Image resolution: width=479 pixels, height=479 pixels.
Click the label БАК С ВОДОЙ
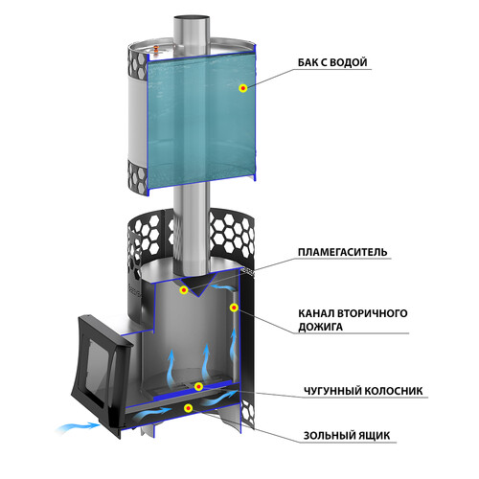[x=332, y=62]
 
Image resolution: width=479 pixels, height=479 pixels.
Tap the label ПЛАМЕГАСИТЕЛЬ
[x=343, y=252]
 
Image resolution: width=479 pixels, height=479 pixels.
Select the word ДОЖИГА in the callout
[x=320, y=327]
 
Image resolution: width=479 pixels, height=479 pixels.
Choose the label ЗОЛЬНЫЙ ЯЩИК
[x=347, y=436]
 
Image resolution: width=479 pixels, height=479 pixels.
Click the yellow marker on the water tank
[x=243, y=88]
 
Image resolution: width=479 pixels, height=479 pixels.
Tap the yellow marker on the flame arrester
[x=183, y=290]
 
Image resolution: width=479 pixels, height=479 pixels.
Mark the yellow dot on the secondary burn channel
[x=234, y=308]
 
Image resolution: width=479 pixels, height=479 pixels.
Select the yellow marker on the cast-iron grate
[x=198, y=387]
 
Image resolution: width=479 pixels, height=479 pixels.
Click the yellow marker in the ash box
[x=189, y=408]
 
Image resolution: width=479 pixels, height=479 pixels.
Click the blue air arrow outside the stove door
[x=80, y=426]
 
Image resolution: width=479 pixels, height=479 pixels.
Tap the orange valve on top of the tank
[x=156, y=49]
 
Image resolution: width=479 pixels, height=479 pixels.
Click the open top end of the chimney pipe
[x=192, y=17]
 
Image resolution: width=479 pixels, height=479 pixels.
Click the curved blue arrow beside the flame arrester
[x=224, y=287]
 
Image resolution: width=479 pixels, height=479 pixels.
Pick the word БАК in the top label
[x=308, y=62]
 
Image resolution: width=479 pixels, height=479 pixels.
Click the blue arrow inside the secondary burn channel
[x=234, y=344]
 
